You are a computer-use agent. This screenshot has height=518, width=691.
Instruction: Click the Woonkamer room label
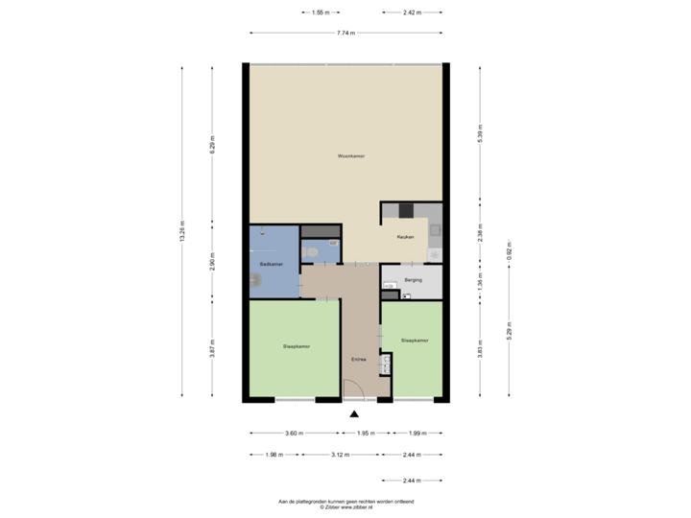350,155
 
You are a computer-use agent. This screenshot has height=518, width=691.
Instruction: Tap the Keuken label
405,236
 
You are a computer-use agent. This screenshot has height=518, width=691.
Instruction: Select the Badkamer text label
271,263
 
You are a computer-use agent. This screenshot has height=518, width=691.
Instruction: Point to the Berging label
415,281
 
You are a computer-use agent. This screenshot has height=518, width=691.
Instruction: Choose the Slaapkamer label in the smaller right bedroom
415,340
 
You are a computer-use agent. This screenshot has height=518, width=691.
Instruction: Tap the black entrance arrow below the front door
354,414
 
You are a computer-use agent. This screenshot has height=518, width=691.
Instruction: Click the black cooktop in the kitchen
406,210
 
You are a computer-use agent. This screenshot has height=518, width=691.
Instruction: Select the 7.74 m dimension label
345,33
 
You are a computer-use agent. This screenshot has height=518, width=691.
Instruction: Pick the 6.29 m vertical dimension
212,144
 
